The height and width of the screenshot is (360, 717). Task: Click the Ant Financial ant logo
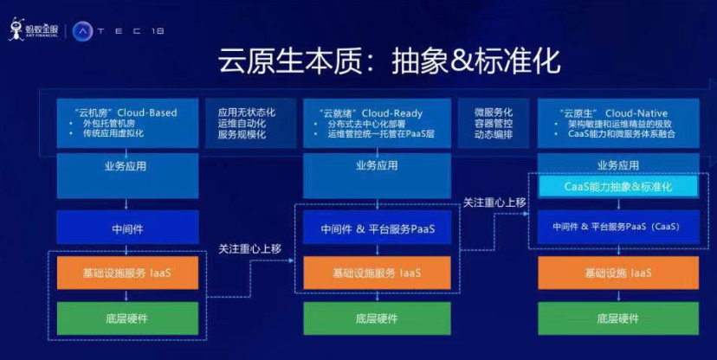click(16, 30)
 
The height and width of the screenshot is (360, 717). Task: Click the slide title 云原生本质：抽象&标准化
click(376, 61)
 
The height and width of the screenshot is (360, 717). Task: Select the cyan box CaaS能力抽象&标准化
click(617, 185)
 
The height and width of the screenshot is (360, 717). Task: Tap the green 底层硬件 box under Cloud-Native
click(618, 318)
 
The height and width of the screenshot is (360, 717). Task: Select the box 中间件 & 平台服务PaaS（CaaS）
click(617, 228)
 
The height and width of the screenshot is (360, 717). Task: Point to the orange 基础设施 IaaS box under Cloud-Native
click(618, 273)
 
